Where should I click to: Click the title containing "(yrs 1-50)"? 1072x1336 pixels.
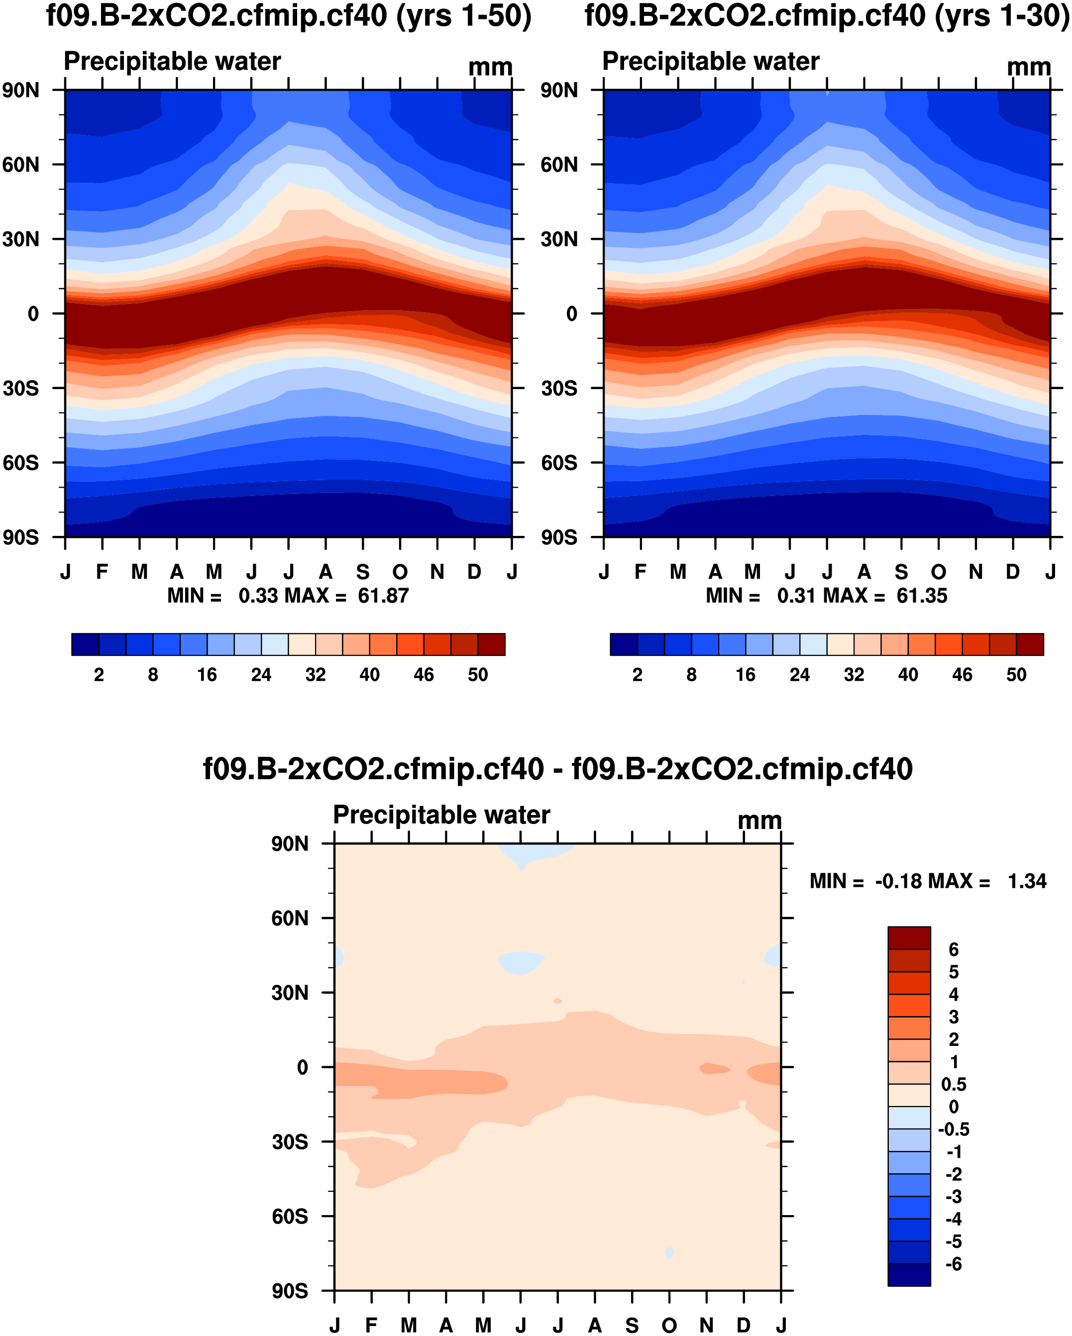point(289,16)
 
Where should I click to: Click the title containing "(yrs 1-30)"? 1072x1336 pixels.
point(827,16)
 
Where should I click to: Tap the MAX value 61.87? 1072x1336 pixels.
point(383,596)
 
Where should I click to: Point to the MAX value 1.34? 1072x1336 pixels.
point(1027,881)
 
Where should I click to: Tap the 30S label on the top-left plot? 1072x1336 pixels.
point(20,389)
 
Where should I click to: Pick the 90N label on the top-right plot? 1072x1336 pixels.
point(559,91)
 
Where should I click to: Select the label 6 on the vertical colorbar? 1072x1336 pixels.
point(953,949)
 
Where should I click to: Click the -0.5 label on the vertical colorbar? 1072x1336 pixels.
point(953,1129)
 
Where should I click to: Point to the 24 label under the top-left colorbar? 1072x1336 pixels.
point(261,675)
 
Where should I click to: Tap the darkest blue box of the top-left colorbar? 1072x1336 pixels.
point(85,644)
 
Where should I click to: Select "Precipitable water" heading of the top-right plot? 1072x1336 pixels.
point(711,61)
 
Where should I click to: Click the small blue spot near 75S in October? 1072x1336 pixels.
point(669,1253)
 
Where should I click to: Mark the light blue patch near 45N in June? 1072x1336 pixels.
point(521,962)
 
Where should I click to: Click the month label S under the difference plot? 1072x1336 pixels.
point(632,1326)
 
